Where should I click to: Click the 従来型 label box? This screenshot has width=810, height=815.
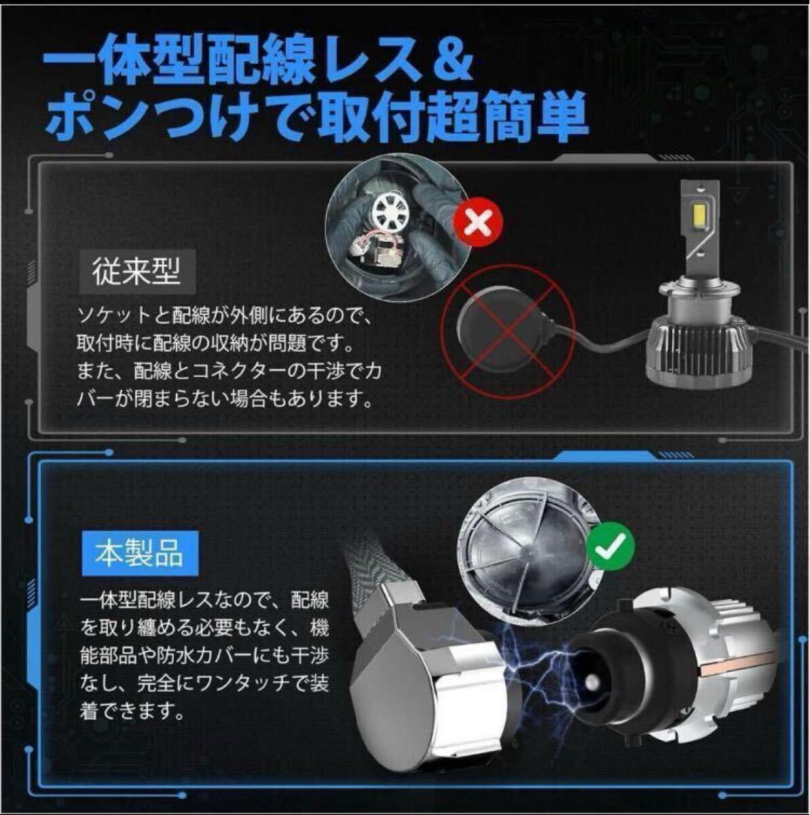[137, 272]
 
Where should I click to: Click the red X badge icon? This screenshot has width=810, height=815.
[479, 223]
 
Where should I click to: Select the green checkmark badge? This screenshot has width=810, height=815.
[611, 545]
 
